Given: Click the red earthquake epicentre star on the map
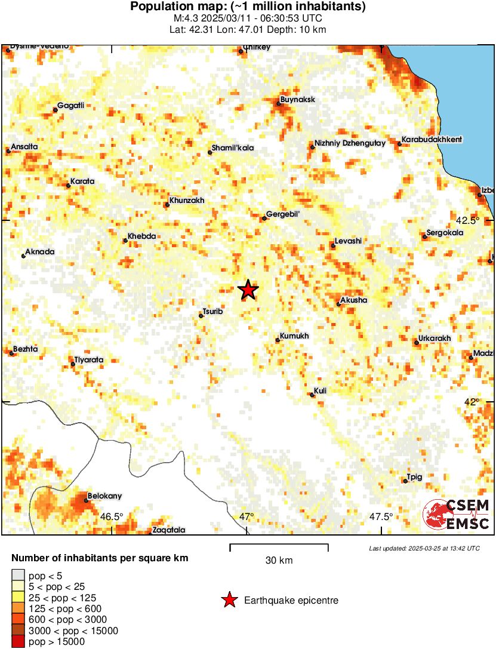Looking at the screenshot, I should (248, 290).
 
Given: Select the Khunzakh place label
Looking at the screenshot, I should (187, 201).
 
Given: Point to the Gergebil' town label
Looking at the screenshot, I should (282, 214).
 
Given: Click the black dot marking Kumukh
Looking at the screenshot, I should (278, 340).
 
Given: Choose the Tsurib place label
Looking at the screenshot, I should (213, 311).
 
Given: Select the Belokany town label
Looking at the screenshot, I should (104, 496).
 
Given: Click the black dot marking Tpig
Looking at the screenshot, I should (405, 481).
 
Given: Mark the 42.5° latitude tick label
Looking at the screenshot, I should (470, 220).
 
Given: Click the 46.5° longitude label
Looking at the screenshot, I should (112, 516).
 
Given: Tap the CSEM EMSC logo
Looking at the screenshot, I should (457, 515).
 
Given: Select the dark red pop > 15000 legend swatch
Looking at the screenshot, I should (19, 642).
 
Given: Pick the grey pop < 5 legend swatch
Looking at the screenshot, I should (19, 575).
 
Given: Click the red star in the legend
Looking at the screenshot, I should (229, 600).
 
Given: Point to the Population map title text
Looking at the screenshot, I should (248, 7).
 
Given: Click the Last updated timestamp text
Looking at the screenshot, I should (424, 548).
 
